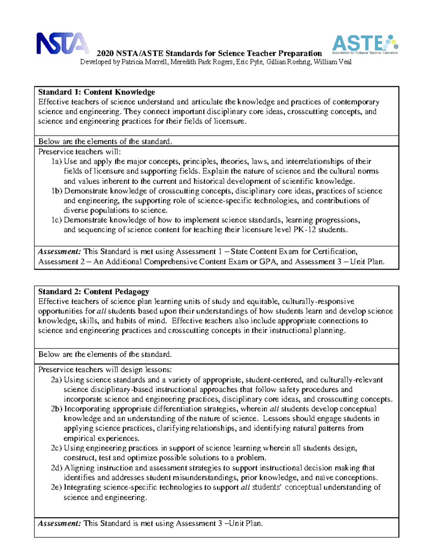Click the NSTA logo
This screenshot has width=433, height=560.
point(62,43)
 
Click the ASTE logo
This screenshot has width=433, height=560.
point(364,44)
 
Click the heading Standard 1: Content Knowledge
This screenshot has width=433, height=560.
point(96,92)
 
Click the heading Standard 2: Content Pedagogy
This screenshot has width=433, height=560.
point(93,292)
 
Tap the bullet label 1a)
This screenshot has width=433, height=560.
point(57,162)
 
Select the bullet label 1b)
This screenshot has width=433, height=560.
point(57,191)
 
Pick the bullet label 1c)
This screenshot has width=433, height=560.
point(57,220)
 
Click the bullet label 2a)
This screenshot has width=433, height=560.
point(57,380)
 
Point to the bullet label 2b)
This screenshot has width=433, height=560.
point(57,409)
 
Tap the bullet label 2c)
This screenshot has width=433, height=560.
point(57,448)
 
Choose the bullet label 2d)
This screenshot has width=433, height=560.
point(57,468)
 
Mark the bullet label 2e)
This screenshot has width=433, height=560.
point(57,488)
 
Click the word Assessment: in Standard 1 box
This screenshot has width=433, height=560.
point(60,252)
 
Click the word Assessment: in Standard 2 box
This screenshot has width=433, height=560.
point(60,524)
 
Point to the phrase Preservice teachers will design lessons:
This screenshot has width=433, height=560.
point(105,370)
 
